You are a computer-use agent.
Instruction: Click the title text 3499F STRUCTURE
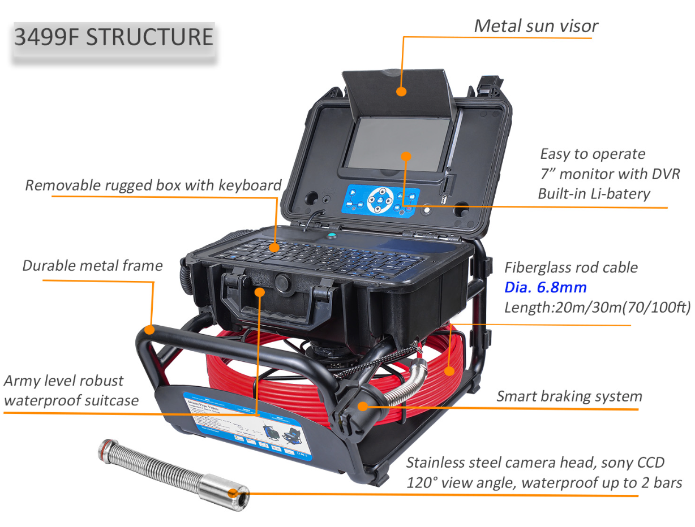click(113, 37)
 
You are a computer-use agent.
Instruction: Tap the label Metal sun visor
click(535, 25)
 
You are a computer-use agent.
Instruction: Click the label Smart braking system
click(569, 396)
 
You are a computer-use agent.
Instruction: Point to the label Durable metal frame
click(92, 265)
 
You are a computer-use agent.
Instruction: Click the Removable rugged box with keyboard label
click(153, 185)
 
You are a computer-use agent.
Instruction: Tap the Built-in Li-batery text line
click(594, 194)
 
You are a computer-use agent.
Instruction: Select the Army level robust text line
click(63, 381)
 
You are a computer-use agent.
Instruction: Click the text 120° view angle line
click(544, 483)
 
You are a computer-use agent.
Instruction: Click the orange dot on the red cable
click(449, 371)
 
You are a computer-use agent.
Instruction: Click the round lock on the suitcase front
click(281, 282)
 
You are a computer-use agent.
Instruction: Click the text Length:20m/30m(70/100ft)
click(597, 308)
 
